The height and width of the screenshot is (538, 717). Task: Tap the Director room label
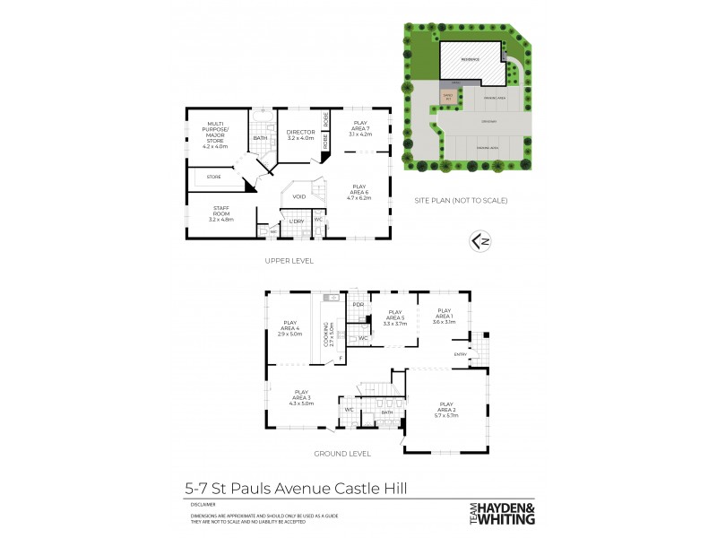(x=300, y=135)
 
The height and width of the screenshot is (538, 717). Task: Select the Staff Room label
(x=220, y=213)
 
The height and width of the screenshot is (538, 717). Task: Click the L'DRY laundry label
(x=296, y=221)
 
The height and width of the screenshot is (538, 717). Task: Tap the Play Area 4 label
(x=289, y=328)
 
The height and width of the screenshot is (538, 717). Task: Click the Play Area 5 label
(x=394, y=320)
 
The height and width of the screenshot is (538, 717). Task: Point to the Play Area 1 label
(x=445, y=318)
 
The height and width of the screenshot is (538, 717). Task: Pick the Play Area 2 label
(x=445, y=410)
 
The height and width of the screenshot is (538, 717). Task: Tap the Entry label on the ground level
(x=461, y=354)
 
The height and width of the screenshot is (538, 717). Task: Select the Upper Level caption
(x=289, y=260)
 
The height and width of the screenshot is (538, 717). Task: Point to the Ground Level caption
(x=341, y=454)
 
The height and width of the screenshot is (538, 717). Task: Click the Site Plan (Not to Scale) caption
(x=461, y=200)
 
